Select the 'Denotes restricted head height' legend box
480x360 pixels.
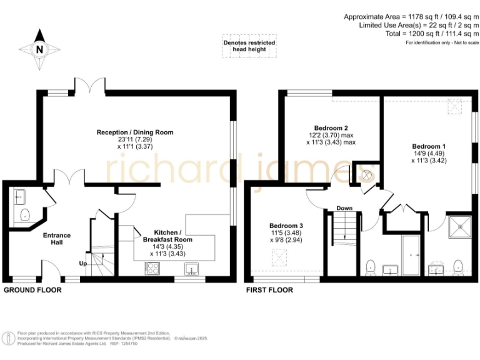(249, 46)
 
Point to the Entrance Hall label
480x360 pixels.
(56, 239)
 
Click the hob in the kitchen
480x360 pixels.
(153, 268)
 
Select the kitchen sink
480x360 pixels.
(191, 269)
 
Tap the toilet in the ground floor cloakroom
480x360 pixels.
(24, 216)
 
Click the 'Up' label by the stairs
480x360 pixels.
(82, 264)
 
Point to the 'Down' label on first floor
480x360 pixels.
(344, 208)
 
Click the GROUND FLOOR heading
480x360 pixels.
(32, 291)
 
